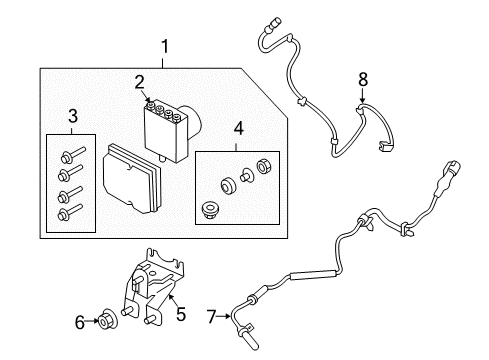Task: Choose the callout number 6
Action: coord(80,322)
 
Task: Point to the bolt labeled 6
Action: coord(107,321)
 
